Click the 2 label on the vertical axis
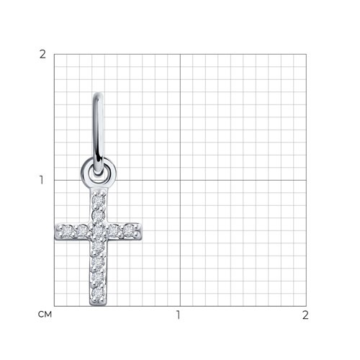click(x=42, y=55)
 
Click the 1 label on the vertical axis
click(x=42, y=180)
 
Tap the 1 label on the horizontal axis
click(x=178, y=315)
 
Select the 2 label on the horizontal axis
click(x=305, y=315)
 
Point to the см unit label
click(x=45, y=315)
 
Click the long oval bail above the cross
click(x=99, y=133)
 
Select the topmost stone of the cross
click(x=99, y=200)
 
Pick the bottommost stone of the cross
click(x=98, y=293)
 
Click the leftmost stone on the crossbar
click(x=66, y=231)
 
